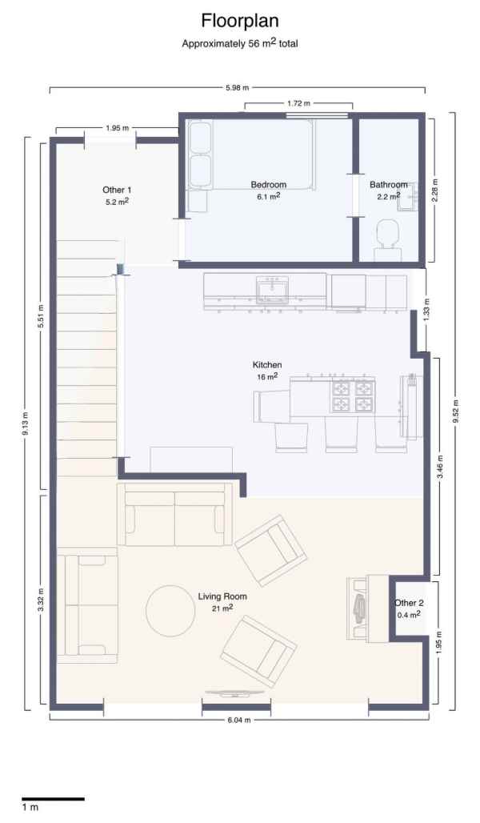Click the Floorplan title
pos(240,21)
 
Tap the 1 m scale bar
pos(53,799)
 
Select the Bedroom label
pos(269,184)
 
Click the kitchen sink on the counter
pos(272,289)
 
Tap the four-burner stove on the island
pos(352,395)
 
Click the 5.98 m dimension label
pos(237,87)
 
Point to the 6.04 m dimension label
pos(239,721)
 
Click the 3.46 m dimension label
pos(440,467)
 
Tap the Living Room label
pos(222,596)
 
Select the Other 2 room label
pos(409,603)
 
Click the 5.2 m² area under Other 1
pos(118,200)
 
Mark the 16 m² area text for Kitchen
pos(267,376)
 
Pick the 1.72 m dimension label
pos(298,103)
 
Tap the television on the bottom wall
pos(234,693)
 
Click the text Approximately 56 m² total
pos(240,43)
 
